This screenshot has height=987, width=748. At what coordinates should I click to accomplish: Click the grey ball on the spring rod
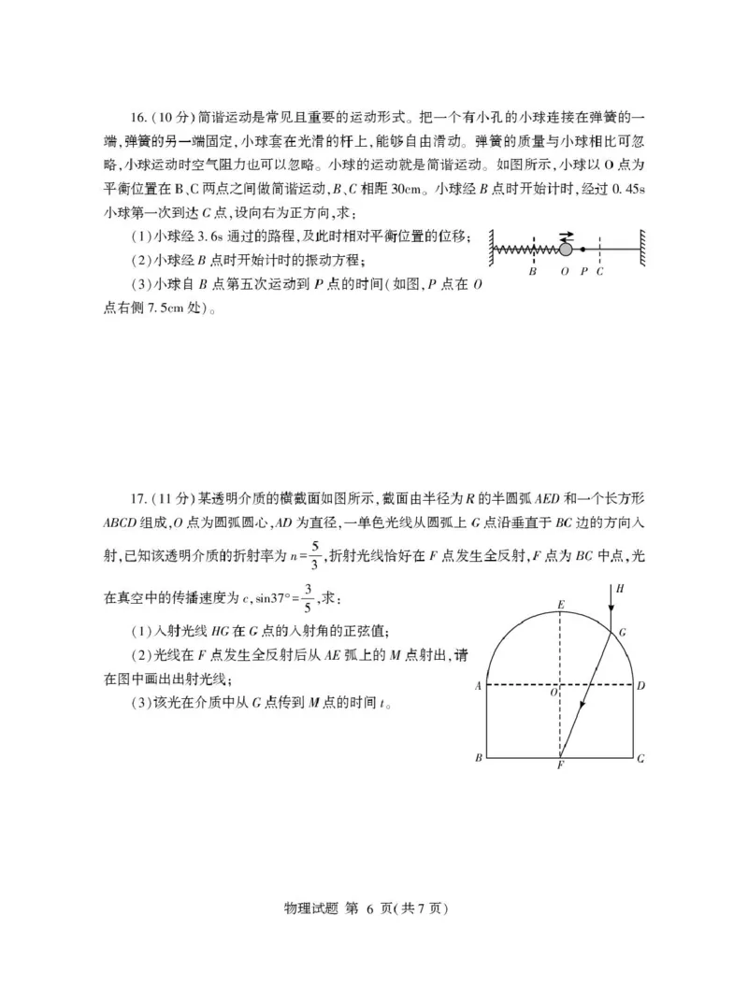(x=566, y=250)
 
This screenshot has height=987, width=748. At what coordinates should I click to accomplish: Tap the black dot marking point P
(x=583, y=250)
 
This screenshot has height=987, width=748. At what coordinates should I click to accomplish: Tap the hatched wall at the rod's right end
(x=644, y=250)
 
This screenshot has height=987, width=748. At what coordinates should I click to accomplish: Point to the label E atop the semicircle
(x=560, y=606)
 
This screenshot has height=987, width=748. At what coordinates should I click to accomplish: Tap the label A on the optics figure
(x=478, y=686)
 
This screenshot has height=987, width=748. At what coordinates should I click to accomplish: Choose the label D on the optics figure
(x=640, y=686)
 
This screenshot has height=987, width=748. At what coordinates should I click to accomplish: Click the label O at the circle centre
(x=553, y=694)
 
